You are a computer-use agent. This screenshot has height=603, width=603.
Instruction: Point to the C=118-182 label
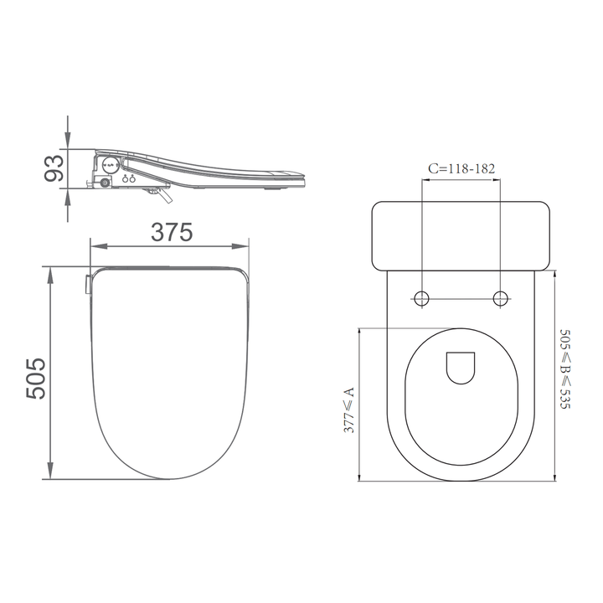coord(461,168)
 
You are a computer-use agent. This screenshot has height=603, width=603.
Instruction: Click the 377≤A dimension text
coord(348,408)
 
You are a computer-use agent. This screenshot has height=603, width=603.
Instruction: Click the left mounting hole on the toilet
coord(423,298)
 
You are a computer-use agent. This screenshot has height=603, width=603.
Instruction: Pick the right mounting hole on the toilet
coord(501,298)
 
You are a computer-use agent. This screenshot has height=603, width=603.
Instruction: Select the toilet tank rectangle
coord(461,235)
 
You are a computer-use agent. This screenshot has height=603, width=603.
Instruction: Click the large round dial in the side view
coord(110,163)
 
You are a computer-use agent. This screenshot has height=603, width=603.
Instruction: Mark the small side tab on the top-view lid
coord(86,285)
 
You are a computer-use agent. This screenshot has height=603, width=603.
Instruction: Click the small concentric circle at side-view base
coord(105,182)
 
